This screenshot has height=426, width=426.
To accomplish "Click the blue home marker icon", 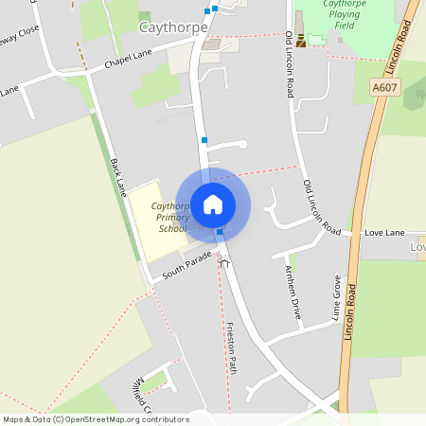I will tap(213, 204).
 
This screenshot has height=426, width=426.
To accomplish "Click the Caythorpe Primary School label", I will tap(172, 217).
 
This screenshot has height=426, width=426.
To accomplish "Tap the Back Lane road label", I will tap(119, 176).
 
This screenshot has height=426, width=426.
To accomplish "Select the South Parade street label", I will tap(185, 264).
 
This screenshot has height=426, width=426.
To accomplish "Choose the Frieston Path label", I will tap(230, 347).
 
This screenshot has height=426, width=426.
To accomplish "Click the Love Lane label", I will tap(384, 233).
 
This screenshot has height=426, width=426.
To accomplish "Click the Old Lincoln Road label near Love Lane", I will tap(322, 207).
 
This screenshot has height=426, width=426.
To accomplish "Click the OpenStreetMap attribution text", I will tap(96, 418).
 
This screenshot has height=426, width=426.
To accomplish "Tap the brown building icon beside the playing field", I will tap(301, 41).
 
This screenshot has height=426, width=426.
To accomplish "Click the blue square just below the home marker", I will tap(220, 232).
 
